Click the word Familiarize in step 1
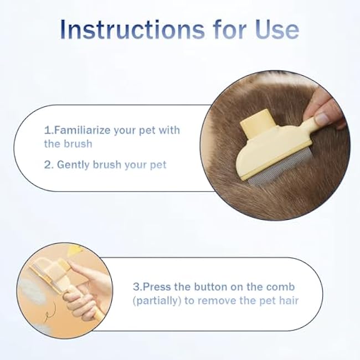[x=83, y=131]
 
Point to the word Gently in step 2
[x=74, y=164]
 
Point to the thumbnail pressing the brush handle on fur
[x=321, y=118]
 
